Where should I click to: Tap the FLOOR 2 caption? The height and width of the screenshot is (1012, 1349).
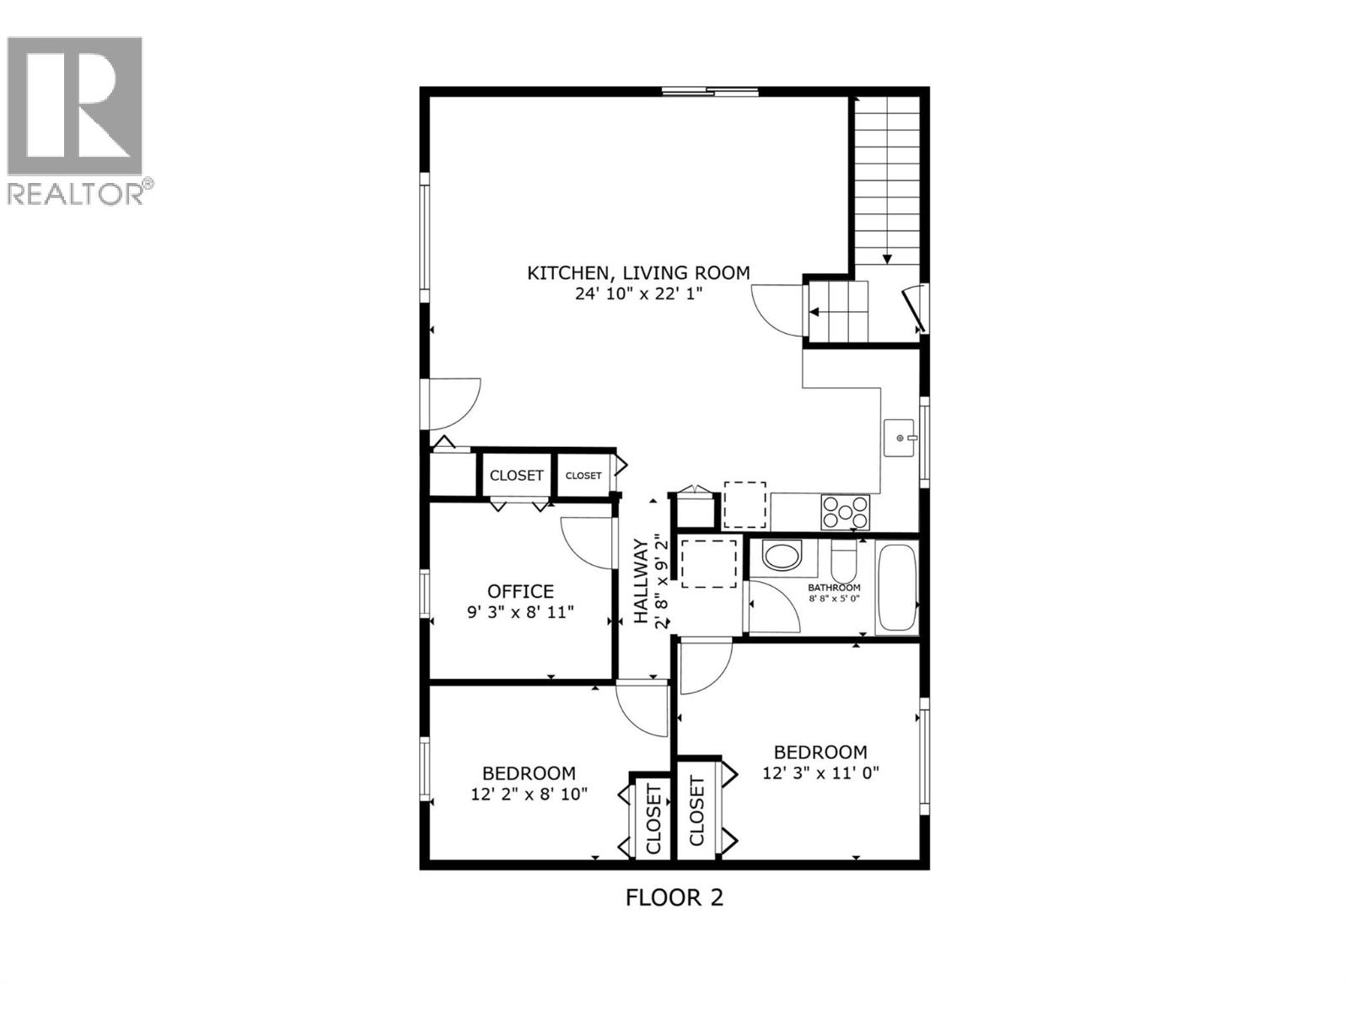pos(674,896)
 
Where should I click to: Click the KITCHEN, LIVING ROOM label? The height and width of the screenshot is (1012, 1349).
pos(638,272)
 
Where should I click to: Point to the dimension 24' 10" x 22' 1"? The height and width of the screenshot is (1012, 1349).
pos(638,293)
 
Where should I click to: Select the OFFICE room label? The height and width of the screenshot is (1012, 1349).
pos(520,591)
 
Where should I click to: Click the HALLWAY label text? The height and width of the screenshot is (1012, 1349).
pos(642,582)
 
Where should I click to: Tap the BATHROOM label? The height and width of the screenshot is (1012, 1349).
pos(834,587)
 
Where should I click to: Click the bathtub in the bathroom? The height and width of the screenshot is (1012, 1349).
pos(896,589)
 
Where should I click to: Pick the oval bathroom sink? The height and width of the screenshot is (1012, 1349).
pos(783,557)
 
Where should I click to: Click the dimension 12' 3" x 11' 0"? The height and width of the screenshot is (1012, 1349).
pos(820,772)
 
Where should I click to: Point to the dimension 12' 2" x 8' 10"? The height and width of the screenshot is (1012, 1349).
pos(529,794)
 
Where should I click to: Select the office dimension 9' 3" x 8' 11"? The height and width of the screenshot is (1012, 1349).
pos(520,611)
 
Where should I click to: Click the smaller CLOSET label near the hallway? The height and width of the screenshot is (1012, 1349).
pos(583,476)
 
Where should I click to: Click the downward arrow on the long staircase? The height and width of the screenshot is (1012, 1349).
pos(887,259)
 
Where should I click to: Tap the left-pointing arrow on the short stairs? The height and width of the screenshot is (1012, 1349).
pos(815,312)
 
